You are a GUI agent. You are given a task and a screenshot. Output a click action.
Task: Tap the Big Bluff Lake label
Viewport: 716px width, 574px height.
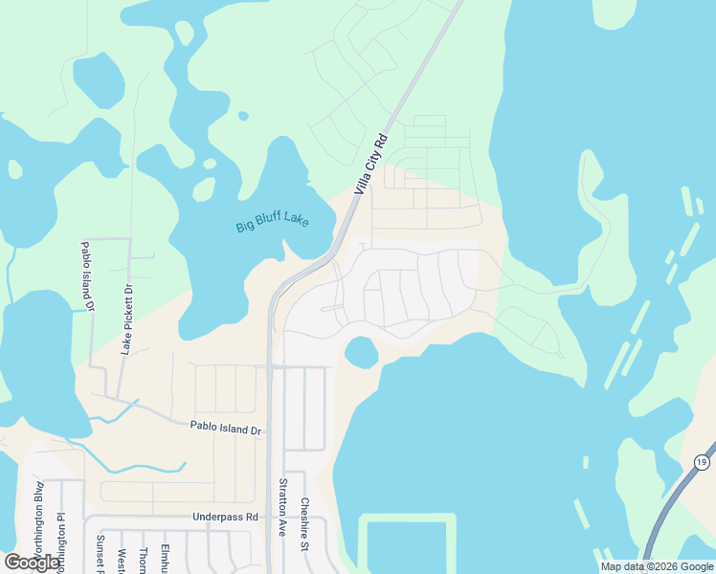273,224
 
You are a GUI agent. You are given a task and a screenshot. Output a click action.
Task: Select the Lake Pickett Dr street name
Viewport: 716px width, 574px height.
124,320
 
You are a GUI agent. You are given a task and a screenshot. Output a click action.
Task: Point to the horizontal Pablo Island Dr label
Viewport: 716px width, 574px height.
225,430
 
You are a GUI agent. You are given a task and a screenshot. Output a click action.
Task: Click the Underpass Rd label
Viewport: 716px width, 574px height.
225,517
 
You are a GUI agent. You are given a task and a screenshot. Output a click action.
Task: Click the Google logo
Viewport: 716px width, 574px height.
32,563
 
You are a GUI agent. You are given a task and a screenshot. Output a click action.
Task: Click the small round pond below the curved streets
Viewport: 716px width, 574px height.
361,352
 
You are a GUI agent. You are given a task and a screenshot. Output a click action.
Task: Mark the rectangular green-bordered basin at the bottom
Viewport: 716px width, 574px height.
407,543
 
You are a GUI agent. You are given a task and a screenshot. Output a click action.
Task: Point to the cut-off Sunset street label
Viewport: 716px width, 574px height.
99,553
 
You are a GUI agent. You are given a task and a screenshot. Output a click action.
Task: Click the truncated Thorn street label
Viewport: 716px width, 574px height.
143,558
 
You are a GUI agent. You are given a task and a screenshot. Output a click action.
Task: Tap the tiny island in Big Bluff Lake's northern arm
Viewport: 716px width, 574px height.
243,117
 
